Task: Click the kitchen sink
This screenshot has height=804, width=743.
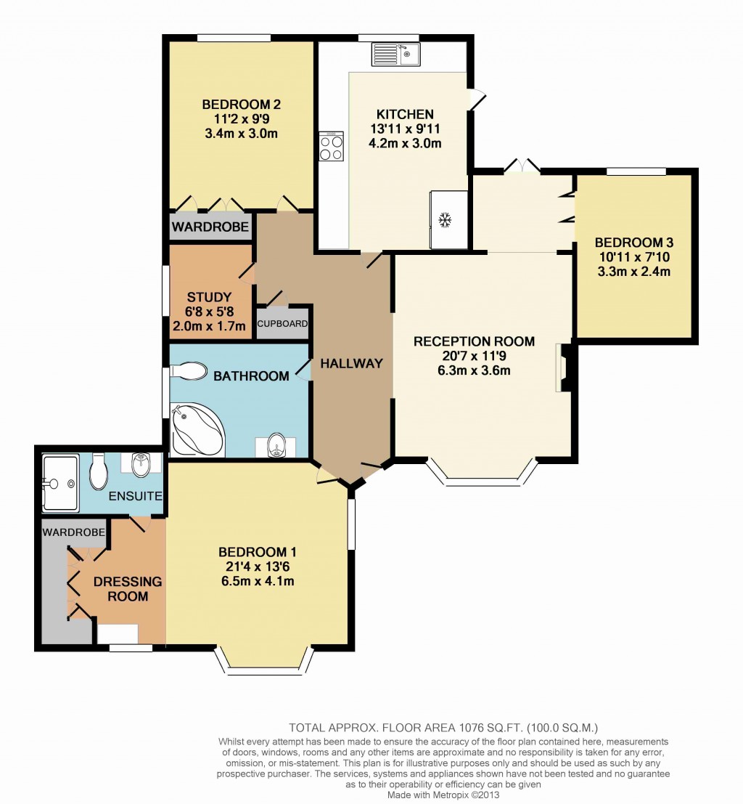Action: (395, 54)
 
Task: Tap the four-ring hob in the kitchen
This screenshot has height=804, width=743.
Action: (332, 146)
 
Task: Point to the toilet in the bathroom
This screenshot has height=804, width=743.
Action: (189, 372)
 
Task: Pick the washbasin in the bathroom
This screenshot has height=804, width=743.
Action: (276, 444)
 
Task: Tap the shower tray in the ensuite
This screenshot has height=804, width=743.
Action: (59, 482)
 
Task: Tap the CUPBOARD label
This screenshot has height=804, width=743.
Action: (282, 324)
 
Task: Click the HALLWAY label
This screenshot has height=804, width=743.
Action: (351, 363)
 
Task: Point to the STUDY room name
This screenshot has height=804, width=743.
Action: (209, 297)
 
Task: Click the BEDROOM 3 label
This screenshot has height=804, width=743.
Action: (628, 243)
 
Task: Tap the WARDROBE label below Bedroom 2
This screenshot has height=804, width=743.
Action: (210, 227)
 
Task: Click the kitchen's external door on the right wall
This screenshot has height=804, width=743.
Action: (475, 100)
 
